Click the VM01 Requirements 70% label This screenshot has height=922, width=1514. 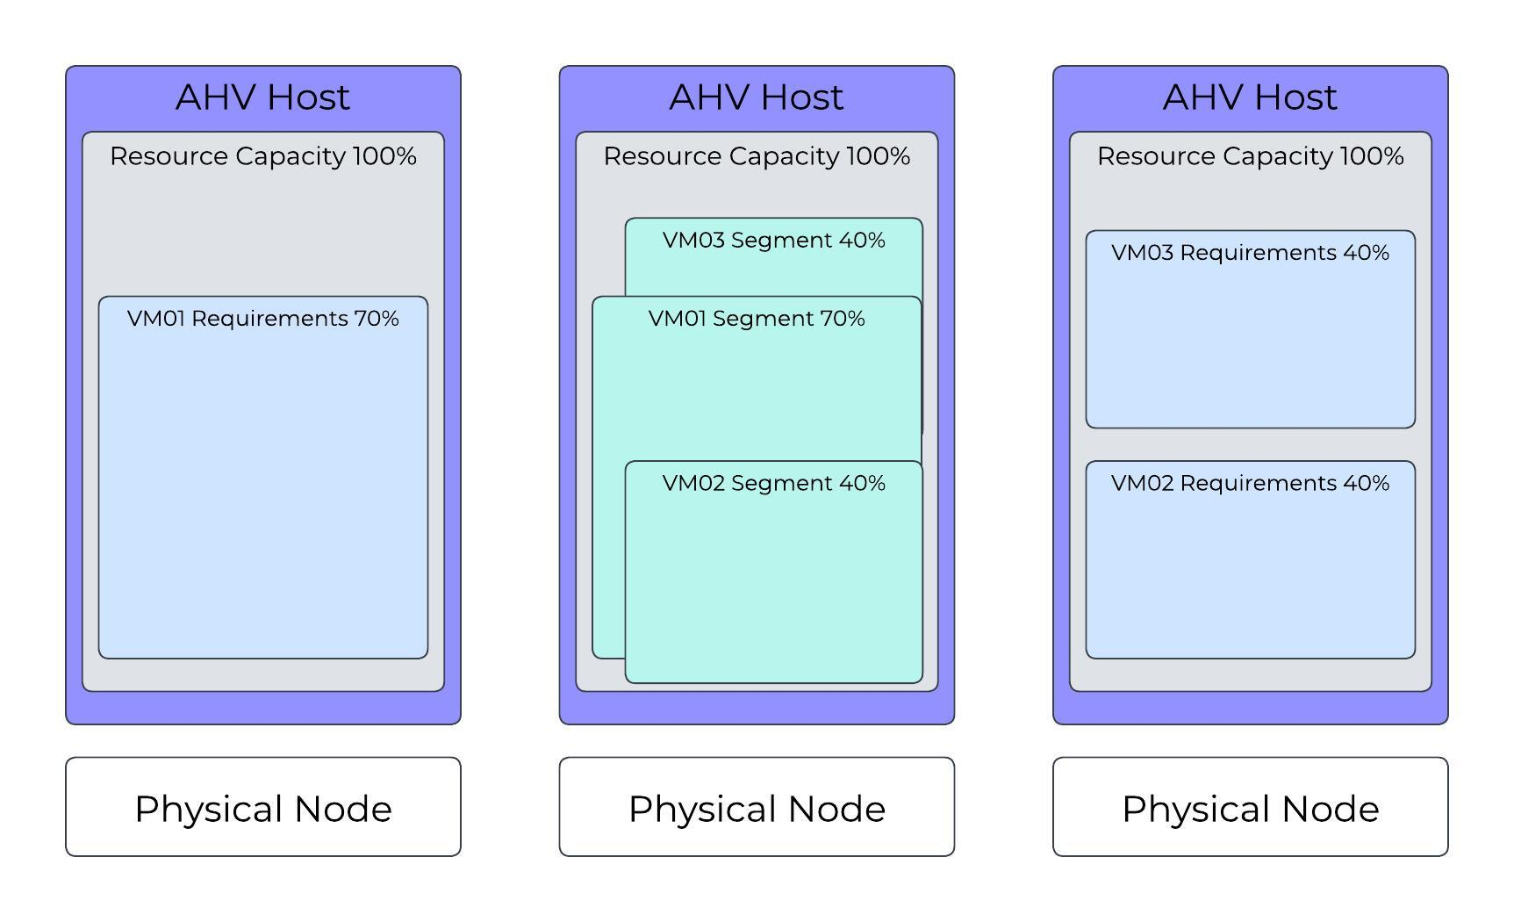coord(262,319)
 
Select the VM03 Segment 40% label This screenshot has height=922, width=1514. coord(773,241)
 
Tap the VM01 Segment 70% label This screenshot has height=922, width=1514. coord(756,319)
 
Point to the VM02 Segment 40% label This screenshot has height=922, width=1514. coord(773,484)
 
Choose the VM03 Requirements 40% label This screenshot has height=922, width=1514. coord(1250,253)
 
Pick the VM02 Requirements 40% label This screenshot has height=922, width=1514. coord(1250,484)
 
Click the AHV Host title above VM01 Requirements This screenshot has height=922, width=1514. coord(262,97)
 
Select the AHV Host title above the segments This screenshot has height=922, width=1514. coord(756,97)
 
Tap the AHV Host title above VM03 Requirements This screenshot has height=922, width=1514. coord(1250,97)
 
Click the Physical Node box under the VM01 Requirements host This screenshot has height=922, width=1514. coord(262,807)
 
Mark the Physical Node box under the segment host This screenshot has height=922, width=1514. coord(756,807)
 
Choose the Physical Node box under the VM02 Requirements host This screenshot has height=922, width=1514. coord(1250,807)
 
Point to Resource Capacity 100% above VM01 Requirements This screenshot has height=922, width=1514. coord(262,156)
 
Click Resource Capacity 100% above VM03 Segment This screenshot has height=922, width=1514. coord(756,156)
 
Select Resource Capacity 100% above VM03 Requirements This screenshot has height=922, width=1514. coord(1250,156)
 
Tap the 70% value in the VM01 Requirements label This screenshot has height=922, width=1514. coord(377,319)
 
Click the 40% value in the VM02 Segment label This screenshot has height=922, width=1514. coord(862,484)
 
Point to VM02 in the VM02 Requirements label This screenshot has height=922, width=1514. coord(1142,484)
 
